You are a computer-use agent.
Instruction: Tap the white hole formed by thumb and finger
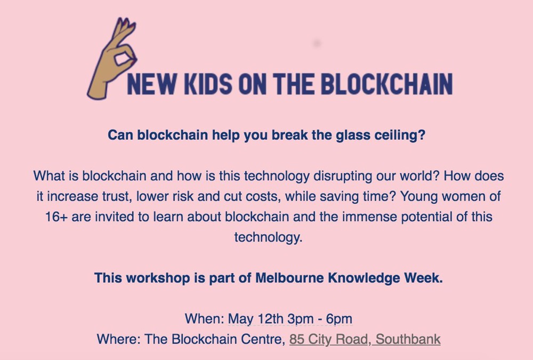pos(122,59)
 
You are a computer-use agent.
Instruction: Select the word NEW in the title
pos(151,84)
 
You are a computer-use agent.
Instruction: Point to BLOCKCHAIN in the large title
pos(387,84)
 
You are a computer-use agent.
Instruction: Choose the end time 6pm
pos(339,319)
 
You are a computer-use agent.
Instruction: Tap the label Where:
pos(119,339)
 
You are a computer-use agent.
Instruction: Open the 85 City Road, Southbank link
pos(365,339)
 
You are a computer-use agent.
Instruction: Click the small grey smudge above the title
pos(317,43)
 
